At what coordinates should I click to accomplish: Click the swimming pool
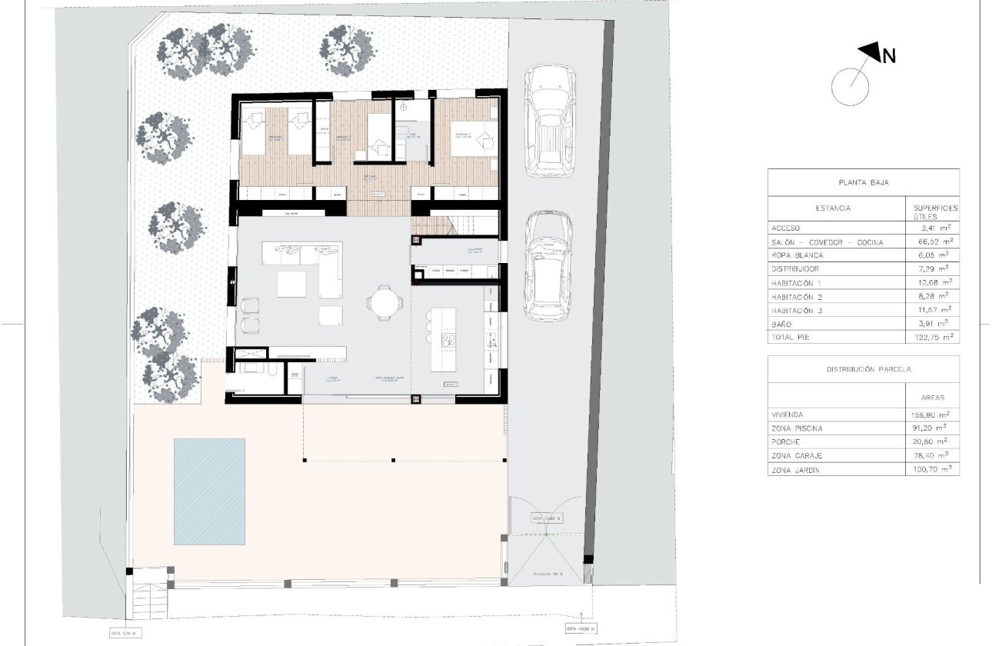coord(209,490)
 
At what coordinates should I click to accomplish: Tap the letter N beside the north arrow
coord(888,56)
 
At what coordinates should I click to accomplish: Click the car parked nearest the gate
coord(548,265)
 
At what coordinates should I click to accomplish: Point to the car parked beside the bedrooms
coord(549,121)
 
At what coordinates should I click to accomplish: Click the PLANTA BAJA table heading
coord(864,182)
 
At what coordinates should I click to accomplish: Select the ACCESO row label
coord(785,228)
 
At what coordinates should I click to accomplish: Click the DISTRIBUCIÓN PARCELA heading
coord(864,369)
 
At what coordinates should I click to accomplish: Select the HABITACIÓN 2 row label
coord(796,296)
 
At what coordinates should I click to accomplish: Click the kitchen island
coord(444,339)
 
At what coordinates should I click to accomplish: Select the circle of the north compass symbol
coord(851,85)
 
